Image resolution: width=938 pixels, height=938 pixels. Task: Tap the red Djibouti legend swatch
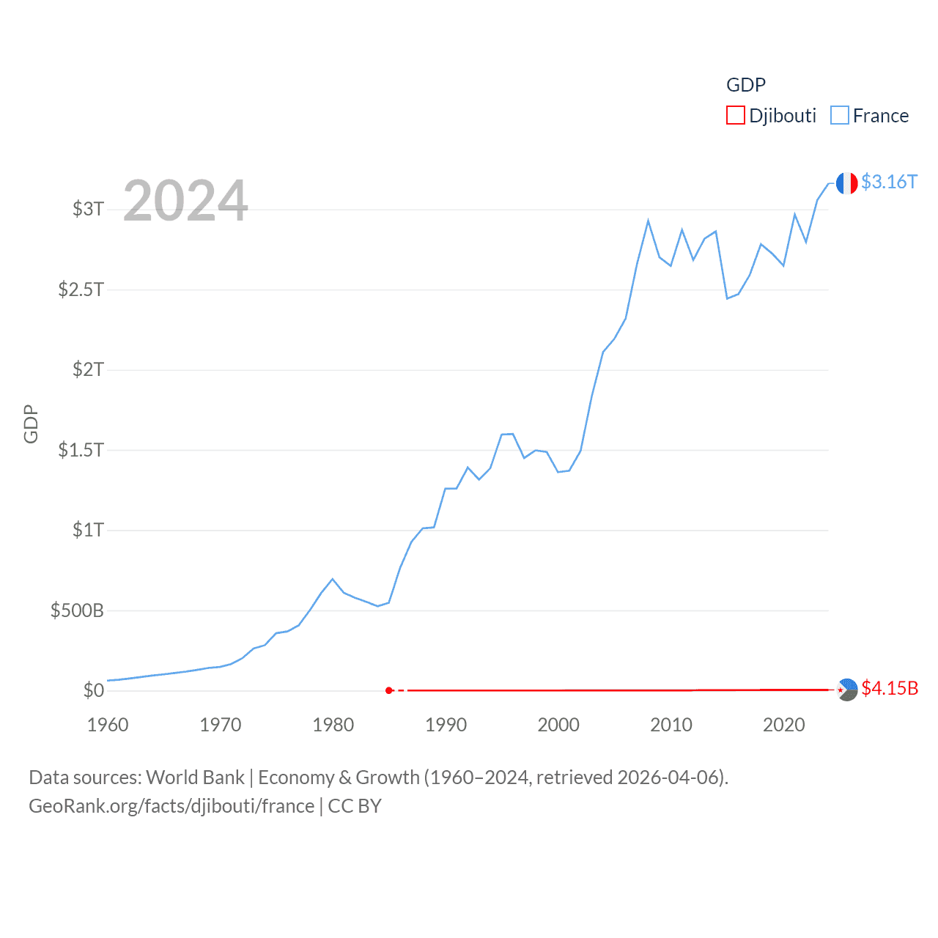pos(736,116)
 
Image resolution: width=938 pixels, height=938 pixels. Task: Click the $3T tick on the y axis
pos(88,209)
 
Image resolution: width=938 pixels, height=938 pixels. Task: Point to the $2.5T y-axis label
pos(81,289)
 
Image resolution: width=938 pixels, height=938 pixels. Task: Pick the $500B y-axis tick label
pos(77,610)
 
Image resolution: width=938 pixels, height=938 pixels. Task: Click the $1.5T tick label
pos(81,450)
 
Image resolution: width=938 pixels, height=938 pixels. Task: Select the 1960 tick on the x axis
pos(108,725)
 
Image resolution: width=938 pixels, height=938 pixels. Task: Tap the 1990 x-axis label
pos(446,725)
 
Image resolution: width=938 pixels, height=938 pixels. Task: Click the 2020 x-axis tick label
pos(783,725)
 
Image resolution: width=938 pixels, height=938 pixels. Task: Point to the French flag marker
pos(846,183)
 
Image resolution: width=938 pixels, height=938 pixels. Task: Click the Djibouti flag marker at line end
pos(847,690)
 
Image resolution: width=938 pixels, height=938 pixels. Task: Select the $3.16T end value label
pos(889,182)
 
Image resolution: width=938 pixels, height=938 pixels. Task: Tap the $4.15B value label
pos(890,689)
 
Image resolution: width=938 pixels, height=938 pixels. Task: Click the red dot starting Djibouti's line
pos(389,690)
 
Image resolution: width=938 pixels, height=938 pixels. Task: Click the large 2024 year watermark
pos(185,201)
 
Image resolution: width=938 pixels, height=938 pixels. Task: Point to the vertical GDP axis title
pos(31,424)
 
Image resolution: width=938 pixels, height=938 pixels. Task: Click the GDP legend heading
pos(745,85)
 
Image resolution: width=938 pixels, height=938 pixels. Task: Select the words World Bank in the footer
pos(195,777)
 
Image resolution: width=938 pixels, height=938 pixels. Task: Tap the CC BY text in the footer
pos(355,806)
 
